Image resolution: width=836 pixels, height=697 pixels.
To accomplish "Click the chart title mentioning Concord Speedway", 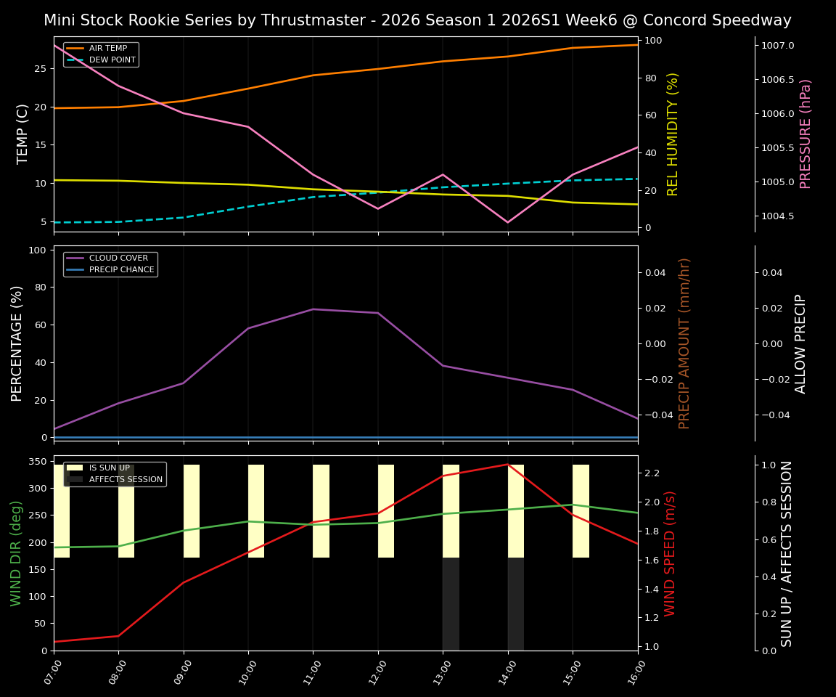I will tap(417, 20).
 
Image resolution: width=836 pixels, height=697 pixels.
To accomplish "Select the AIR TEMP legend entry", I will tap(107, 49).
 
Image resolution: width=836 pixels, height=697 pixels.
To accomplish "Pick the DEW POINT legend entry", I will tap(112, 60).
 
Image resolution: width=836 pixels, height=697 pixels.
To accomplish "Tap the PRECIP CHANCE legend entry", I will tap(121, 270).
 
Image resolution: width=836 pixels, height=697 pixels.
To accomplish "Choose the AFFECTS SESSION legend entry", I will tap(126, 479).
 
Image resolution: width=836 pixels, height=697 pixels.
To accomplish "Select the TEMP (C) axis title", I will tap(23, 134).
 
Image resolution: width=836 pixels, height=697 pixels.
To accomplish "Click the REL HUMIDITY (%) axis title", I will tap(673, 134).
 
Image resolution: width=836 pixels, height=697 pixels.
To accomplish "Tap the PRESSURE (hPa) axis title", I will tap(806, 134).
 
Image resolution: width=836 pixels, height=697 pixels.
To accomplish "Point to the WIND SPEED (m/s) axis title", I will tap(670, 553).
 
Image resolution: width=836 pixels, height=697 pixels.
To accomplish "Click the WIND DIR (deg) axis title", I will tap(16, 553).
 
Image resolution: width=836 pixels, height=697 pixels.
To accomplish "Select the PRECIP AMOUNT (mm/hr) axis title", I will tap(684, 343).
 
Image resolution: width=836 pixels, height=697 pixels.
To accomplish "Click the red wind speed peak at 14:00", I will tap(507, 464).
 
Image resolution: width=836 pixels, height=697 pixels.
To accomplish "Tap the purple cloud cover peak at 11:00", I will tap(313, 309).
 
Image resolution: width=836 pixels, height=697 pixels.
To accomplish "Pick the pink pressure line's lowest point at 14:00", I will tap(507, 222).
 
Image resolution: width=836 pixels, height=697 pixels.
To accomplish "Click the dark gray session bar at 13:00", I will tap(451, 604).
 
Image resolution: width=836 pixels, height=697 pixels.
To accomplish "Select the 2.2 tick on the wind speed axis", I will tap(651, 473).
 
